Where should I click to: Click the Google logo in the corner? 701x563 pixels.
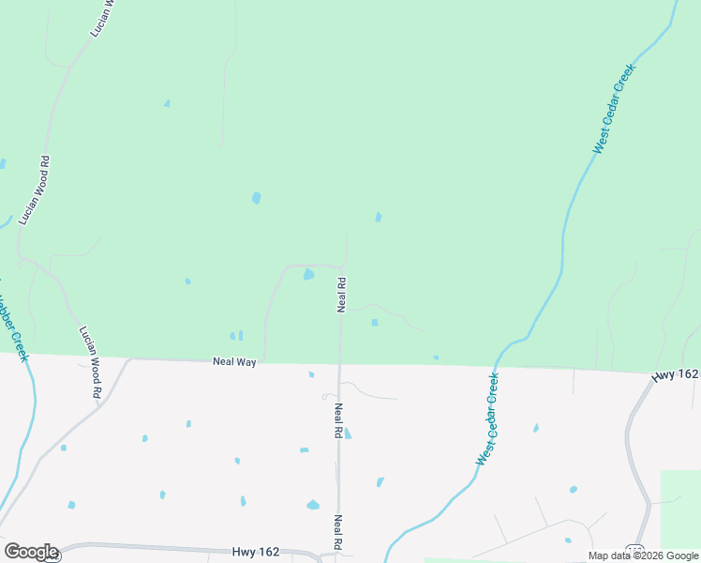pos(31,552)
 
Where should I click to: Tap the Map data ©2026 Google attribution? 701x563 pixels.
pos(644,555)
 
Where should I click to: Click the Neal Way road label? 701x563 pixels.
pos(234,360)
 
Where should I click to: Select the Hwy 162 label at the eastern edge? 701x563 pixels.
pos(676,374)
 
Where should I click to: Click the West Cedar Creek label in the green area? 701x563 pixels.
pos(614,109)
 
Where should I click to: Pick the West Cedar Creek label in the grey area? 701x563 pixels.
pos(487,419)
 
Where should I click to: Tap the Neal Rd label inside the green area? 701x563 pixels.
pos(342,294)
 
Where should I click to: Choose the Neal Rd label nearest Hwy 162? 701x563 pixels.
pos(337,532)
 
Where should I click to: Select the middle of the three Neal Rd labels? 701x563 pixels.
pos(337,421)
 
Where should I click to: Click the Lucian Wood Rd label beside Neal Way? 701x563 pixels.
pos(90,363)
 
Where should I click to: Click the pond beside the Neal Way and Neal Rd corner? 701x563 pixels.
pos(307,274)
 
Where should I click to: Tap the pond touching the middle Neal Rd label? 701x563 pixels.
pos(348,434)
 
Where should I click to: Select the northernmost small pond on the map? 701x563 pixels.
pos(167,103)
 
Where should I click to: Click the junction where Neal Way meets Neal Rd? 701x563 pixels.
pos(340,363)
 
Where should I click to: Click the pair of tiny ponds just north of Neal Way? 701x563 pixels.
pos(236,335)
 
